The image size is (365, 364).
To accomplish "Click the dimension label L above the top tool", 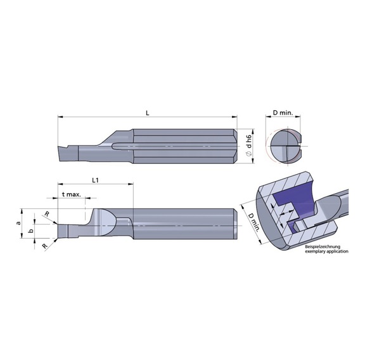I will point(147,112).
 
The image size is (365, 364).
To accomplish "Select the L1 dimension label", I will point(94,180).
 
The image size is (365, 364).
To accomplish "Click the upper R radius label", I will point(46,214).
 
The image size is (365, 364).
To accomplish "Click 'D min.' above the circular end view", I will point(283,113).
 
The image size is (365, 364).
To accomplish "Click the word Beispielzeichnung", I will point(323,246).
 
